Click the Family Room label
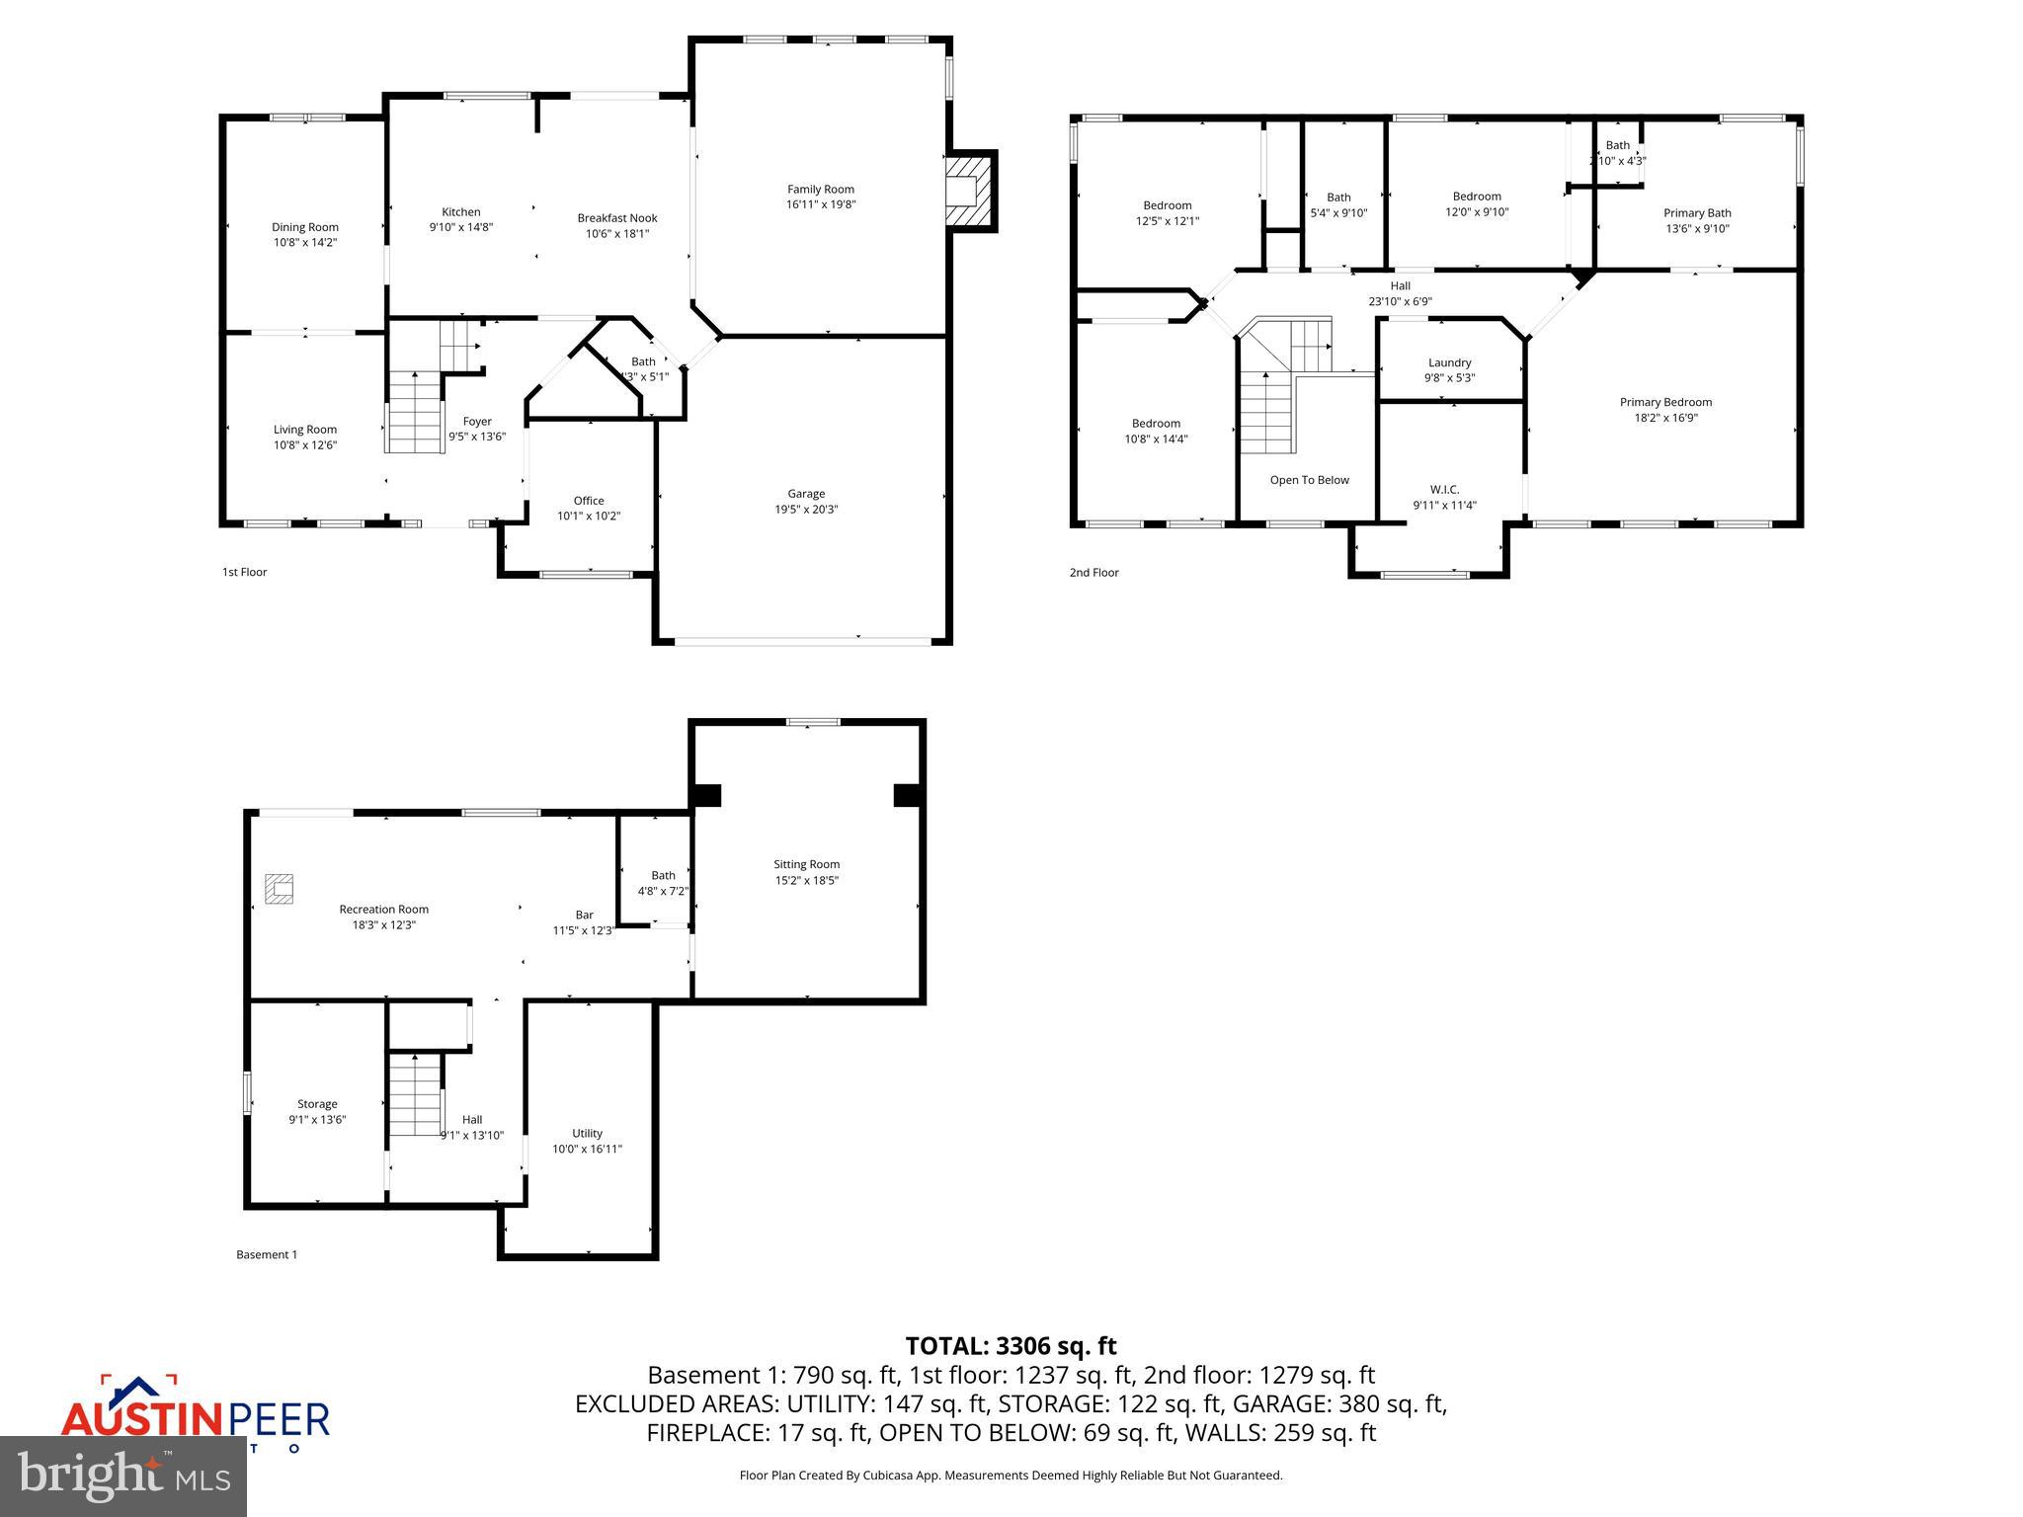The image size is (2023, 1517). click(x=820, y=190)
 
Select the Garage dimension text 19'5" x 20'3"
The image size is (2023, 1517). click(x=806, y=510)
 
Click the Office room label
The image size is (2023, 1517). click(x=589, y=501)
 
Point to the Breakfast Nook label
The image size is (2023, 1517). click(x=617, y=218)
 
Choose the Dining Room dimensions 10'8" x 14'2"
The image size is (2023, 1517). click(x=305, y=242)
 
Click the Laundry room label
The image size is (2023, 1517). click(x=1449, y=362)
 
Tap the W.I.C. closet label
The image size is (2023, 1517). click(x=1444, y=489)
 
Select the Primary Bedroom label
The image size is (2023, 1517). click(x=1665, y=402)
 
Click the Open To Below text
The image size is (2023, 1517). click(x=1309, y=480)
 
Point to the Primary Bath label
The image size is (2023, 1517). click(x=1697, y=213)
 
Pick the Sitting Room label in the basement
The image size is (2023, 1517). click(x=806, y=864)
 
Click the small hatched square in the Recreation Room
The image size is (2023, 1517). click(x=280, y=889)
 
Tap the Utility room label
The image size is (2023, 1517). click(x=587, y=1133)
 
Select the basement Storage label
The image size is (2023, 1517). click(x=317, y=1104)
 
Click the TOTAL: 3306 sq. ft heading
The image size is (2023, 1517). click(x=1011, y=1346)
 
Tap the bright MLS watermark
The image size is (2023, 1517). click(x=123, y=1477)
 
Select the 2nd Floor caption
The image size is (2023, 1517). click(x=1093, y=572)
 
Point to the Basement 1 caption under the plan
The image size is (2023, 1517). click(x=267, y=1254)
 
